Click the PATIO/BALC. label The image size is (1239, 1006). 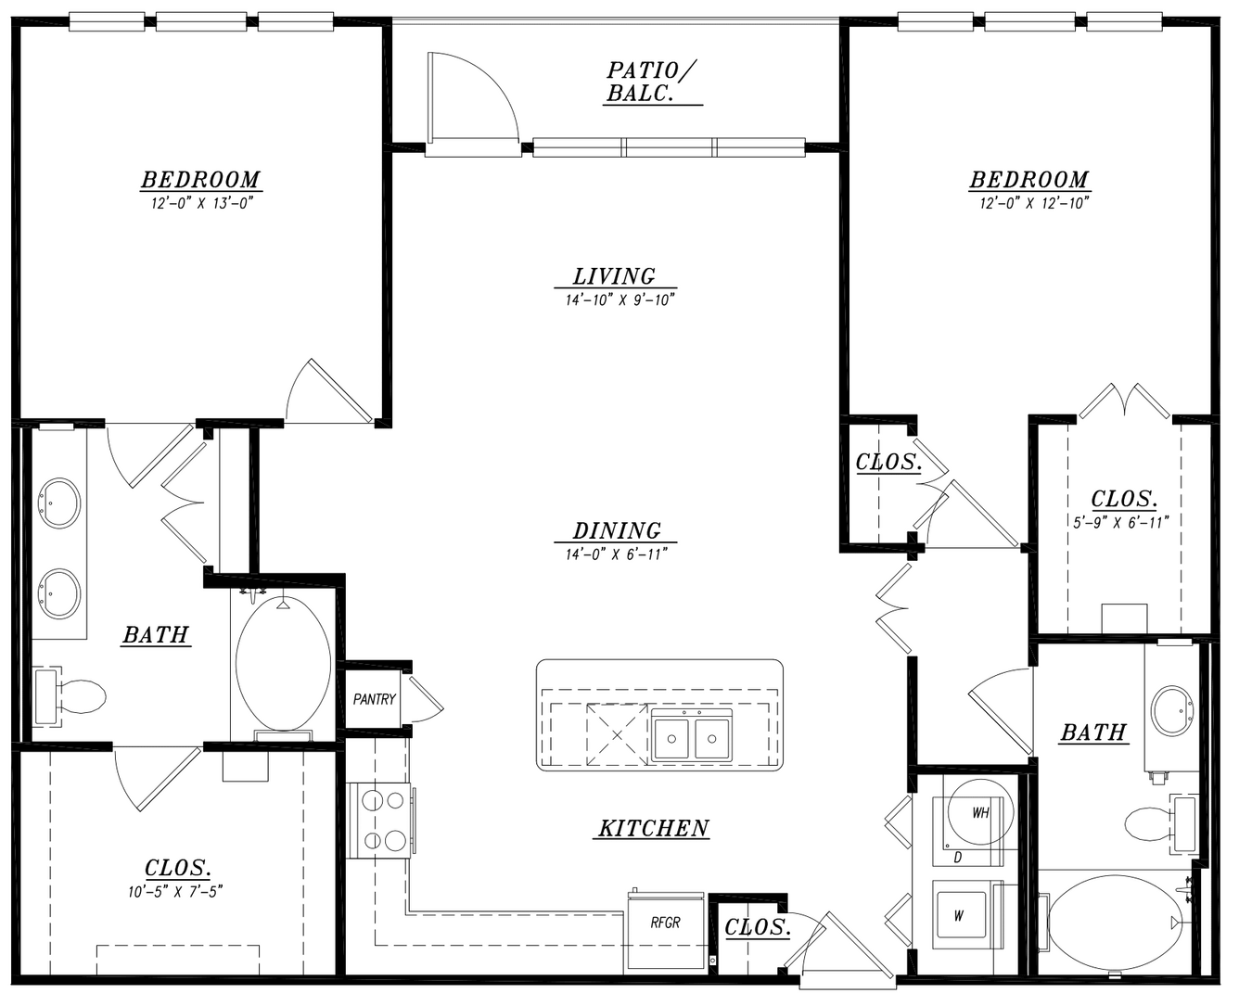click(x=651, y=82)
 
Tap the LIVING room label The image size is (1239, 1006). click(x=614, y=275)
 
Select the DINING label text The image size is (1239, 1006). click(x=617, y=530)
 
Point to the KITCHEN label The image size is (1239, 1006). click(x=654, y=828)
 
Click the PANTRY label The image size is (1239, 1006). click(x=374, y=699)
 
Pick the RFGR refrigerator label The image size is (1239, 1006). click(x=665, y=923)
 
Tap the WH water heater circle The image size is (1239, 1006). click(x=981, y=812)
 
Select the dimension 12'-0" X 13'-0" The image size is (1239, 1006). click(x=202, y=203)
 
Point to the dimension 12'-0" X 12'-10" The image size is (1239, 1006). click(x=1034, y=203)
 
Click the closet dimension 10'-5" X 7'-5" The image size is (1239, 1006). click(x=175, y=891)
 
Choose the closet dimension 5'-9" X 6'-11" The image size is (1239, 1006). click(x=1121, y=522)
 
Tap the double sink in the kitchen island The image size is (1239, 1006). click(x=691, y=737)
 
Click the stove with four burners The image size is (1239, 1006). click(x=380, y=821)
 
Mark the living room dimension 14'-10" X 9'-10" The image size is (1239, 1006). click(x=620, y=300)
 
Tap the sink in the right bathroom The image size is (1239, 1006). click(x=1172, y=710)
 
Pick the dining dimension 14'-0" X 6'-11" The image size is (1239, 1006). click(x=616, y=554)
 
